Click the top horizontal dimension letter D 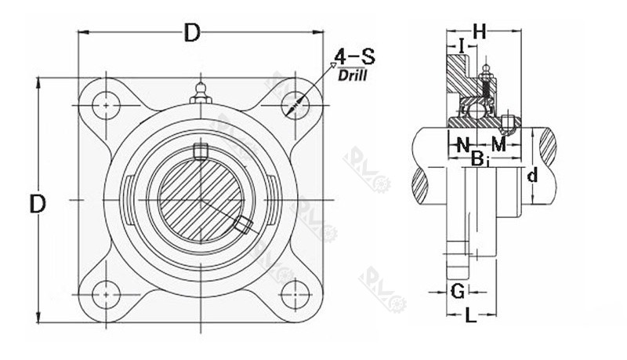point(191,33)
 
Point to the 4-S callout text point(353,57)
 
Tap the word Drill point(353,75)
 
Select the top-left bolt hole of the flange point(104,102)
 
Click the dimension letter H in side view point(480,31)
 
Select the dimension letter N point(463,144)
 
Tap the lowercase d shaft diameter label point(531,176)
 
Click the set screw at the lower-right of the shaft point(244,225)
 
